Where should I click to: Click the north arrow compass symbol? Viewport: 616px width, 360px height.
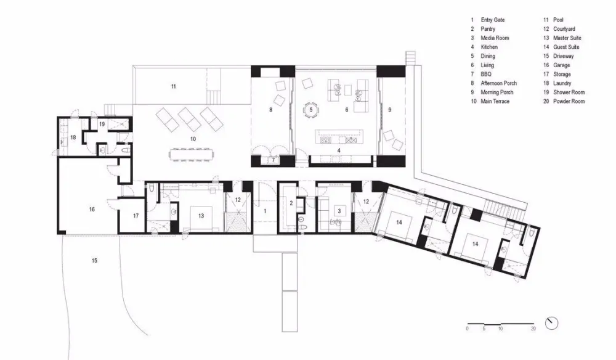[x=551, y=324]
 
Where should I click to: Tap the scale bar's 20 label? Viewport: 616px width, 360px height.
[x=533, y=329]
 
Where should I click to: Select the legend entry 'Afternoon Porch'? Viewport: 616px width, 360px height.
[x=498, y=83]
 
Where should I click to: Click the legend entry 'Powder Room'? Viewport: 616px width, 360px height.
[x=569, y=101]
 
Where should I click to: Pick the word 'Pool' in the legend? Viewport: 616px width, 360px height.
[x=558, y=20]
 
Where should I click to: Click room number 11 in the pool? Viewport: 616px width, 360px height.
[x=173, y=86]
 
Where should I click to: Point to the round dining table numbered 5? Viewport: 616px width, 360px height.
[x=310, y=110]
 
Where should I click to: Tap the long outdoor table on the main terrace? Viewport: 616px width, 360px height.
[x=192, y=154]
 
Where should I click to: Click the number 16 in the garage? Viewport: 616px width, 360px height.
[x=92, y=210]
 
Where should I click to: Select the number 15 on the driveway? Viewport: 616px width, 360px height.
[x=94, y=261]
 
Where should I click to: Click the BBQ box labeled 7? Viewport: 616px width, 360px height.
[x=274, y=160]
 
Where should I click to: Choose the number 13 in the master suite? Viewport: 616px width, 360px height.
[x=201, y=216]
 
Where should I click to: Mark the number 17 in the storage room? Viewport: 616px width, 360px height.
[x=136, y=216]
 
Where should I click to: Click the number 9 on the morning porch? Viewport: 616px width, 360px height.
[x=390, y=110]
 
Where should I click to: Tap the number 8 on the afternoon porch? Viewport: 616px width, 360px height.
[x=270, y=110]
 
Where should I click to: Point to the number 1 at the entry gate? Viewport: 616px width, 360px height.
[x=265, y=211]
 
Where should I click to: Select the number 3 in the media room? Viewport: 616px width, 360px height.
[x=339, y=211]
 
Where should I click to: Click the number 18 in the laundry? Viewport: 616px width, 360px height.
[x=73, y=137]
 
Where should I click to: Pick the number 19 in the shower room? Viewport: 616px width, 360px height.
[x=102, y=124]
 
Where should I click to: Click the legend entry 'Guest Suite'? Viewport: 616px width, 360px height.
[x=566, y=47]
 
